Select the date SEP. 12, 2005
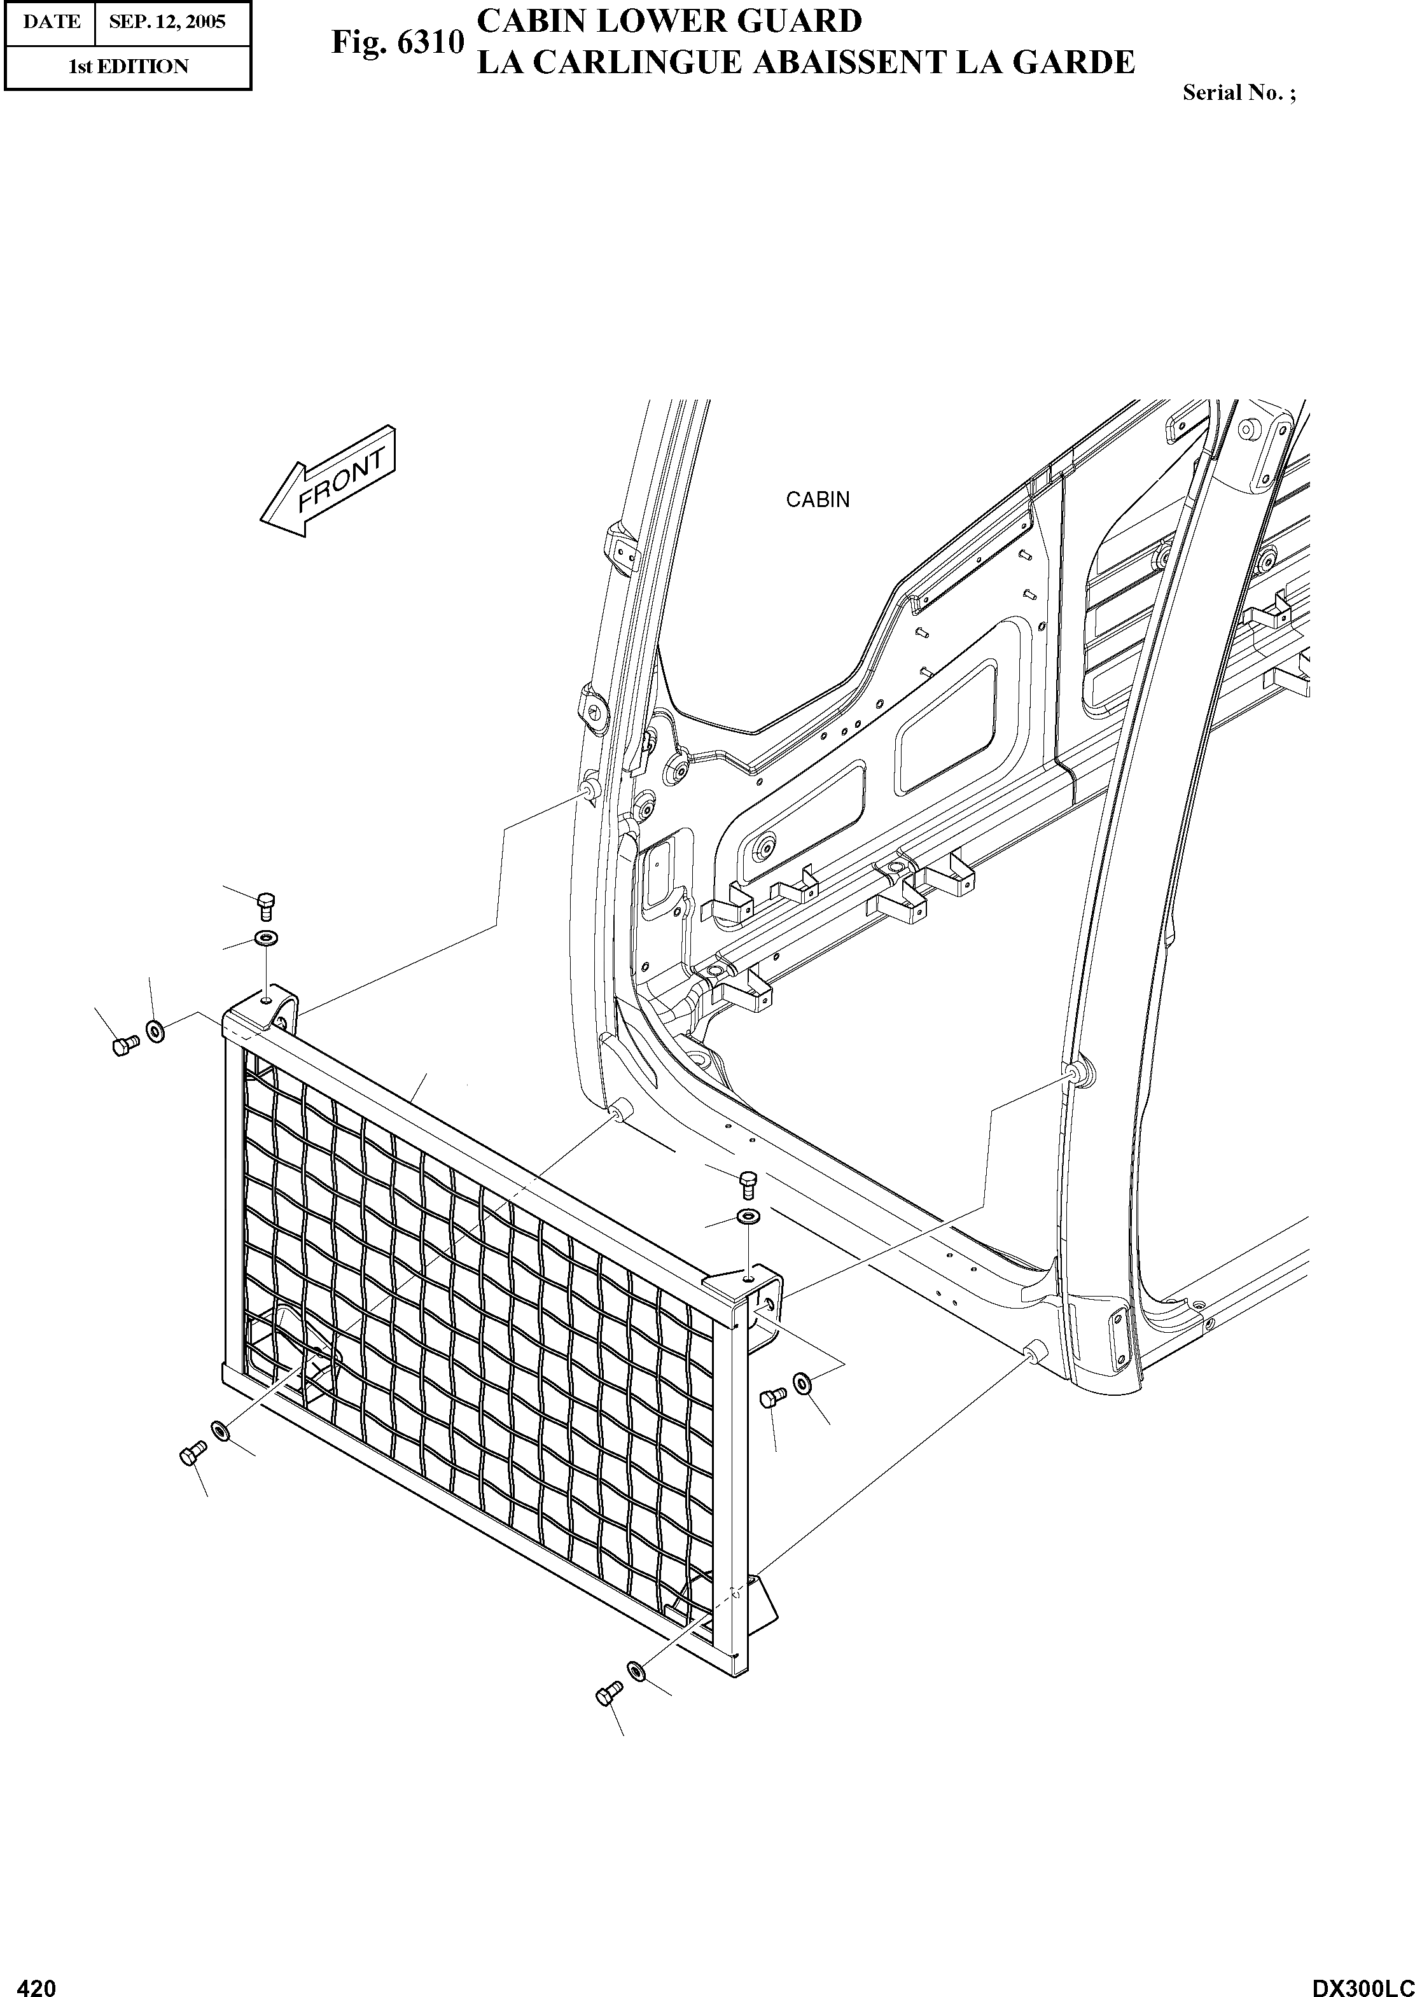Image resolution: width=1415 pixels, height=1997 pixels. click(167, 22)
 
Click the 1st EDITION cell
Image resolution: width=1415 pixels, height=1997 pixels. click(128, 67)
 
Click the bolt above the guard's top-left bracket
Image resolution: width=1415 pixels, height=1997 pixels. click(266, 905)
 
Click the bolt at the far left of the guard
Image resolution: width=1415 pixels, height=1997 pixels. click(123, 1044)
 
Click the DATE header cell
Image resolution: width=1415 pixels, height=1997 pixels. click(50, 22)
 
